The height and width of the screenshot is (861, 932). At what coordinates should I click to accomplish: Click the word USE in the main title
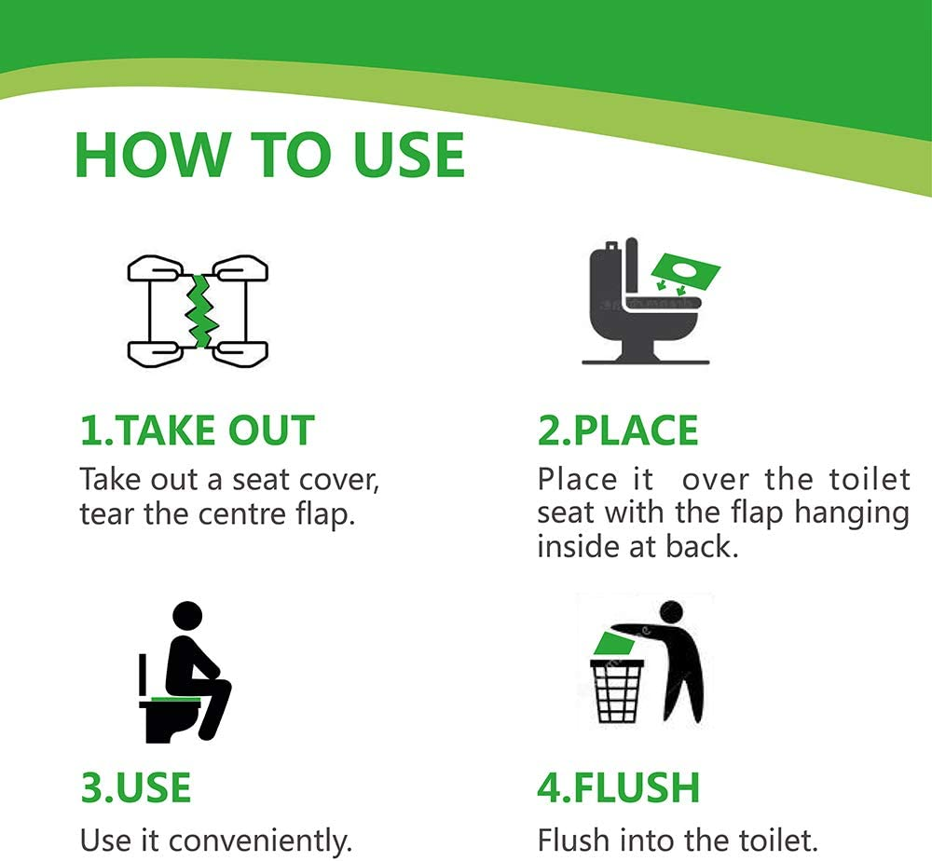click(x=408, y=155)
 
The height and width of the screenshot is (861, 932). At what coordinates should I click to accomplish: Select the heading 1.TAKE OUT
click(x=197, y=430)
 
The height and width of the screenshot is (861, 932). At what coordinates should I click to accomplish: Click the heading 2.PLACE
click(x=618, y=430)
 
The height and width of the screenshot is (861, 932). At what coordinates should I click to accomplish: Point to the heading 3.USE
click(x=135, y=787)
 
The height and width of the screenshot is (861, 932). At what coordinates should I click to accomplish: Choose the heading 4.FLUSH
click(x=618, y=787)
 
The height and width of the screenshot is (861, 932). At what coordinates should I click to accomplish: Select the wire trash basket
click(x=618, y=690)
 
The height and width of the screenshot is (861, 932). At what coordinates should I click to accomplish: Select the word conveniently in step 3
click(x=260, y=841)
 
